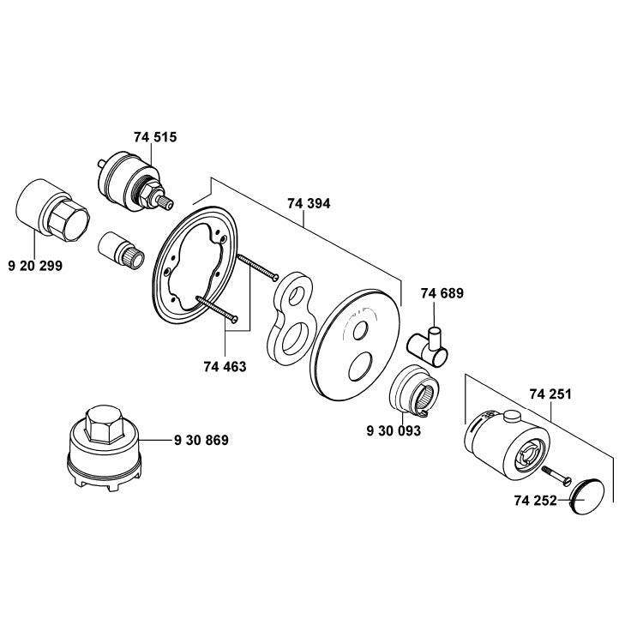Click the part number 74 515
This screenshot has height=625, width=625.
155,137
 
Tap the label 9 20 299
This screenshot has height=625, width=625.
35,267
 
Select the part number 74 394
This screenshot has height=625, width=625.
309,203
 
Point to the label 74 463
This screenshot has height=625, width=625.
225,366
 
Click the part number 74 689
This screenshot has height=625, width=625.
442,293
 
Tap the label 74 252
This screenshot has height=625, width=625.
536,500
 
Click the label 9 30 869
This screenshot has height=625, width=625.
201,440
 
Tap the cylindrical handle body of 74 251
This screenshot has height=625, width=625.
502,442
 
